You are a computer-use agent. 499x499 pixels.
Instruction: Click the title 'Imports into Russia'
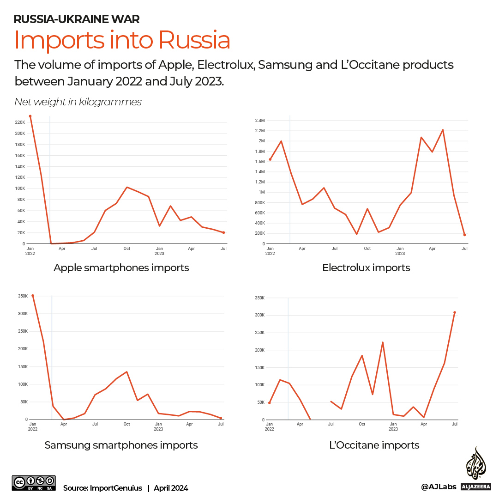[122, 41]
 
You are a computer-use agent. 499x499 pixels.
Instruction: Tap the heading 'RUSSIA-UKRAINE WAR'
[77, 19]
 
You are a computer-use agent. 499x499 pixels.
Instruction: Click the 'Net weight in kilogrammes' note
[78, 102]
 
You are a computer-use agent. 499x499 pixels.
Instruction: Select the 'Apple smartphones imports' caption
[121, 268]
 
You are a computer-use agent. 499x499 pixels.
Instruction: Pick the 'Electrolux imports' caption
[366, 268]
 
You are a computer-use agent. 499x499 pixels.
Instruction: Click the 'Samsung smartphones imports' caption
[121, 445]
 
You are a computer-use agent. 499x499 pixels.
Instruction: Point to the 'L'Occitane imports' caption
[374, 445]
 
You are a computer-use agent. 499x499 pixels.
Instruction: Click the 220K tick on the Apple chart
[20, 122]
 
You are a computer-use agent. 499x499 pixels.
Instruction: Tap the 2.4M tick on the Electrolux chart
[259, 121]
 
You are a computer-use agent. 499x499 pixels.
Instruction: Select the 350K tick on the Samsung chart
[22, 296]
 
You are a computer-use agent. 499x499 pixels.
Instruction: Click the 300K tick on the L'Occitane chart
[259, 315]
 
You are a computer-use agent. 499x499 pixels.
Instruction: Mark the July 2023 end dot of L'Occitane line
[455, 312]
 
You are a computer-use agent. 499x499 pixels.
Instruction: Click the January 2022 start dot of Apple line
[30, 116]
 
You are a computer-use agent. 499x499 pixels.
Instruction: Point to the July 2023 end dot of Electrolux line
[464, 235]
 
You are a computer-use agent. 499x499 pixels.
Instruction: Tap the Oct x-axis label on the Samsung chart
[126, 424]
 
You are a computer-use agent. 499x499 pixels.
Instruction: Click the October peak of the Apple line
[127, 187]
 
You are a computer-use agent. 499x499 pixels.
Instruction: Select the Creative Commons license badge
[34, 483]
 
